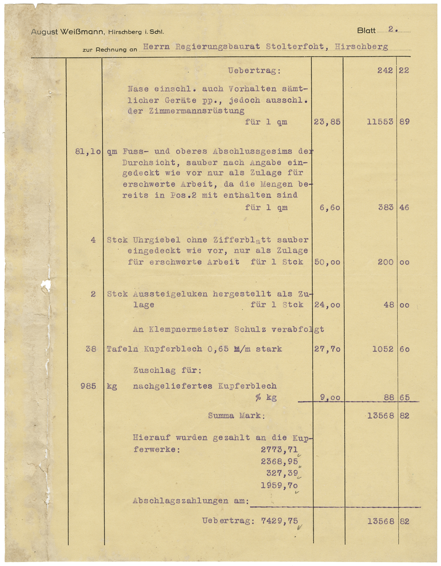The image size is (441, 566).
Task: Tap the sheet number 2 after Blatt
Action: [x=391, y=30]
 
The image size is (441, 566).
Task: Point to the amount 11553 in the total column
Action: [x=380, y=122]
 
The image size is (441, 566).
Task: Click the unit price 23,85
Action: [x=327, y=122]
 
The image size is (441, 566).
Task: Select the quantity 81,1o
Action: [x=88, y=151]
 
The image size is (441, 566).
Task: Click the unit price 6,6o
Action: [x=330, y=207]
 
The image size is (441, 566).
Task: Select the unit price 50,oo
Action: [x=327, y=262]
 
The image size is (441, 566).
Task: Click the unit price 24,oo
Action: [x=327, y=305]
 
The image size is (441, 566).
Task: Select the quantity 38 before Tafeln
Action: [x=91, y=349]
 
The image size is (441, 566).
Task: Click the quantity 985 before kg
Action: [x=88, y=386]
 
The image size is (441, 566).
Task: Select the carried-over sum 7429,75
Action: [x=279, y=521]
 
